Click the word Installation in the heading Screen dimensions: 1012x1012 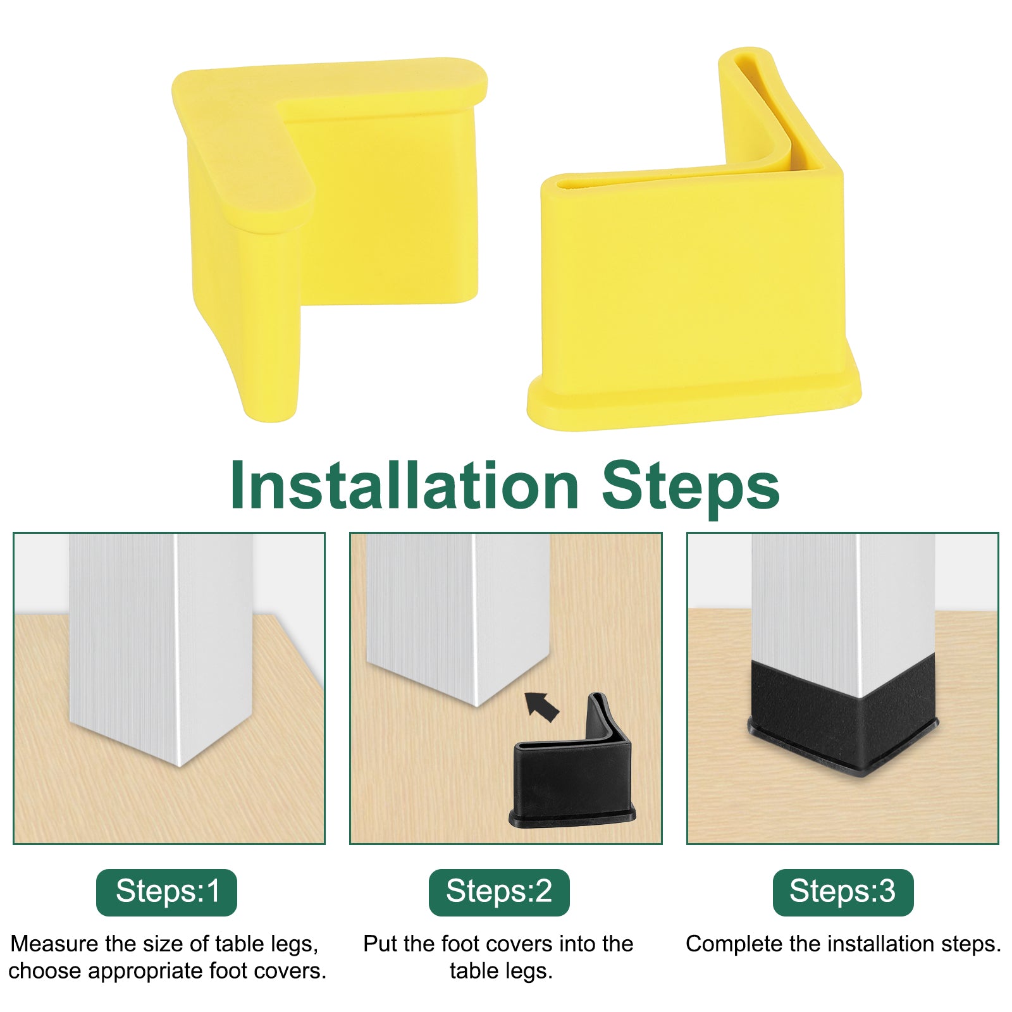[405, 485]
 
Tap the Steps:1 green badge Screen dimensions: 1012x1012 [166, 892]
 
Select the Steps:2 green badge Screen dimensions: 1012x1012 [499, 892]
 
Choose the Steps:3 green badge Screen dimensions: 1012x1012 [843, 892]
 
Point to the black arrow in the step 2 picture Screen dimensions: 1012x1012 [541, 706]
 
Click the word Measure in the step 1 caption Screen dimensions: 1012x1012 [53, 944]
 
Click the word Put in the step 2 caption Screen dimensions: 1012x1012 [379, 944]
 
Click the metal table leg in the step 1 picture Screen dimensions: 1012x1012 [161, 645]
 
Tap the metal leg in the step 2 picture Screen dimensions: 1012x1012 [459, 614]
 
